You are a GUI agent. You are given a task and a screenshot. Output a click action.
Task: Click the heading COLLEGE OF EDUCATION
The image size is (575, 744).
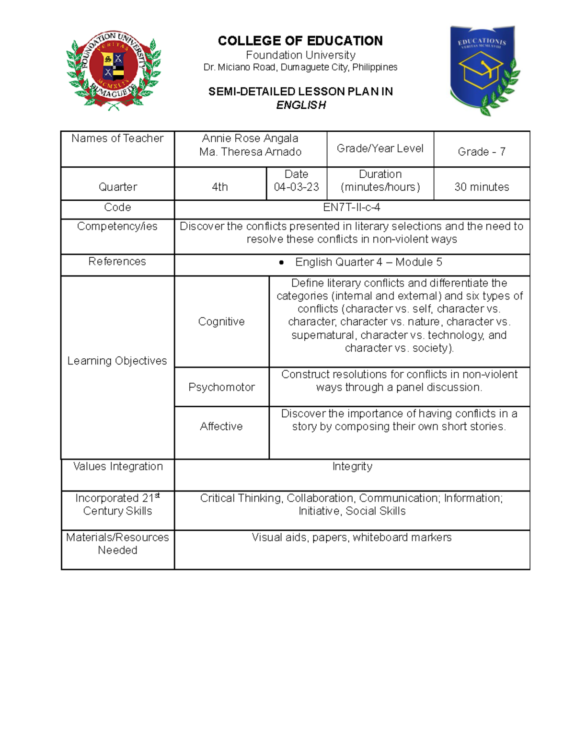(x=300, y=41)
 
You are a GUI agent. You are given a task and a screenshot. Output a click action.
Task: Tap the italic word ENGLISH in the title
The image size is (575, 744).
(x=301, y=105)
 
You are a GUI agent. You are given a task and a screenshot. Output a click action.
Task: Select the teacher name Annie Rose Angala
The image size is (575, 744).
(x=250, y=138)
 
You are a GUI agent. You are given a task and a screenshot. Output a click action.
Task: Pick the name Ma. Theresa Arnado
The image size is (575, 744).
(x=250, y=152)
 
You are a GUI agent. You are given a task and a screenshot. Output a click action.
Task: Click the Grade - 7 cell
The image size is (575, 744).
(x=482, y=151)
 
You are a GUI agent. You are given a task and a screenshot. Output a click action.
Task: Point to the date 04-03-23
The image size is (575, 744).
(x=296, y=187)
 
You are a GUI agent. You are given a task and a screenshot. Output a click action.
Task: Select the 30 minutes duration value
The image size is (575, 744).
(x=482, y=187)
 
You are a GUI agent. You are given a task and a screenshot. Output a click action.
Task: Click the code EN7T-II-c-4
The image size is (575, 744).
(x=352, y=207)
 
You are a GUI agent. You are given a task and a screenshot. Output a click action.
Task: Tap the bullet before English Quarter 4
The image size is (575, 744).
(x=281, y=263)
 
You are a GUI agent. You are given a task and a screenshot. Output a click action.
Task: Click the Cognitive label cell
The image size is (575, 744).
(x=221, y=321)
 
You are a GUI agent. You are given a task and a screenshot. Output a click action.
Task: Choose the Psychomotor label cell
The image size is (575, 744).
(x=221, y=387)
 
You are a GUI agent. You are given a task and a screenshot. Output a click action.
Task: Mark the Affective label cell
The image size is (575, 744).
(x=221, y=426)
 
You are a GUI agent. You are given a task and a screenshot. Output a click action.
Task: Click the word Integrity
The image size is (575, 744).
(x=352, y=466)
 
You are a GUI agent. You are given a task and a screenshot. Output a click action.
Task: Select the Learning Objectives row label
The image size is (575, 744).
(x=117, y=361)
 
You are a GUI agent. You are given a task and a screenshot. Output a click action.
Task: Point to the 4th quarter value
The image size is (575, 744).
(x=220, y=187)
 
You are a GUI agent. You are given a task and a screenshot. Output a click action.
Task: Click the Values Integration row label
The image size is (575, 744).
(x=118, y=466)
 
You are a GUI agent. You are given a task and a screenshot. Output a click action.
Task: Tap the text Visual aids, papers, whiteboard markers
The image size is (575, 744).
(x=352, y=538)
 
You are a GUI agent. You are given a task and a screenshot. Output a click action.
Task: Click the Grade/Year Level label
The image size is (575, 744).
(x=380, y=149)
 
